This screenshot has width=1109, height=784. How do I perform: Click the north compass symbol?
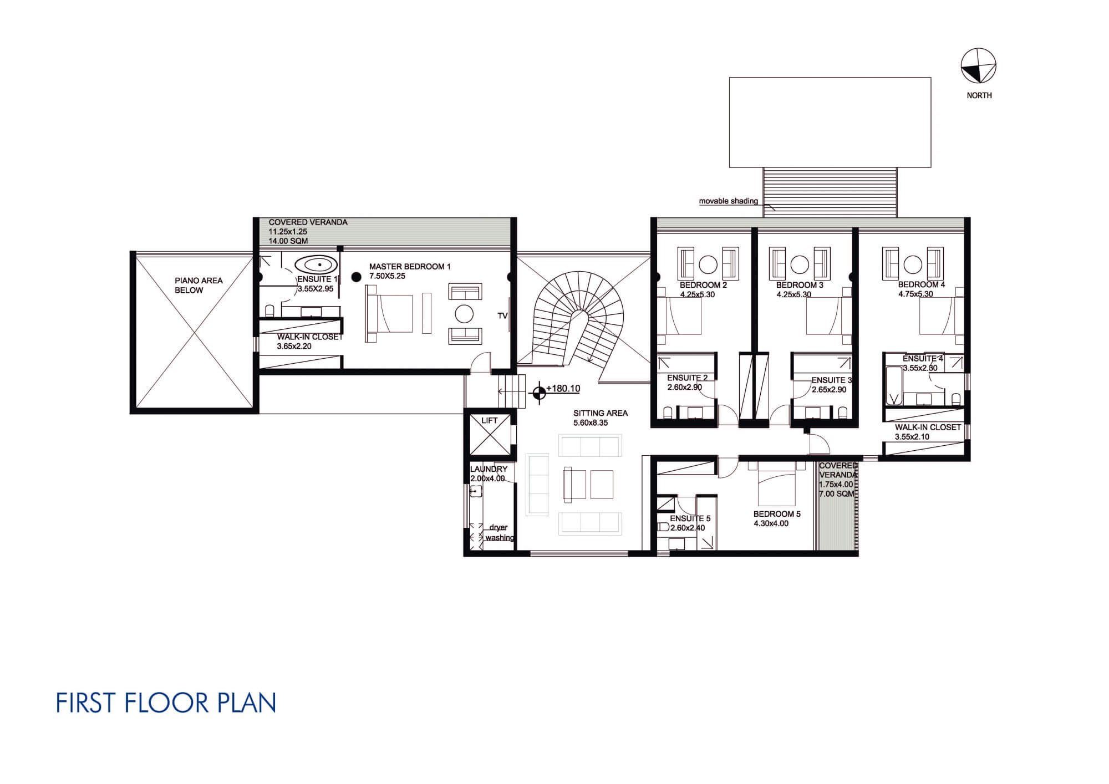[x=978, y=65]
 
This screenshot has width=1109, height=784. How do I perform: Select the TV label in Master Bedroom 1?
[x=502, y=315]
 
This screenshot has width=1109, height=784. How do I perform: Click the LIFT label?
[x=490, y=421]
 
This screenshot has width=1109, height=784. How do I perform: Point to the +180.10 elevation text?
[x=563, y=389]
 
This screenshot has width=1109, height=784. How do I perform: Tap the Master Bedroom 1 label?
[x=410, y=267]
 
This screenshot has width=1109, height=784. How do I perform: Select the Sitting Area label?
[x=601, y=413]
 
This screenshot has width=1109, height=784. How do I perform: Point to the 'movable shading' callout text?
[x=728, y=201]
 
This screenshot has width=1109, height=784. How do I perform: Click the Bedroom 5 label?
[x=777, y=514]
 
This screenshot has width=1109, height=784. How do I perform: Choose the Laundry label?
[x=489, y=469]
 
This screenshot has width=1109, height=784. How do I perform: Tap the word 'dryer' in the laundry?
[x=498, y=527]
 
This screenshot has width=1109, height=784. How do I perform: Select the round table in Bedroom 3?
[x=799, y=264]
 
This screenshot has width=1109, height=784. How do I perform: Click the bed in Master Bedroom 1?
[x=389, y=314]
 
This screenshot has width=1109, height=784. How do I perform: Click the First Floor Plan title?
[x=166, y=702]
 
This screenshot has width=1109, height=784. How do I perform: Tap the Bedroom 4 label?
[x=922, y=285]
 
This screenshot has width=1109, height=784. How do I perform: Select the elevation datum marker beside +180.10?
[x=538, y=393]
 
